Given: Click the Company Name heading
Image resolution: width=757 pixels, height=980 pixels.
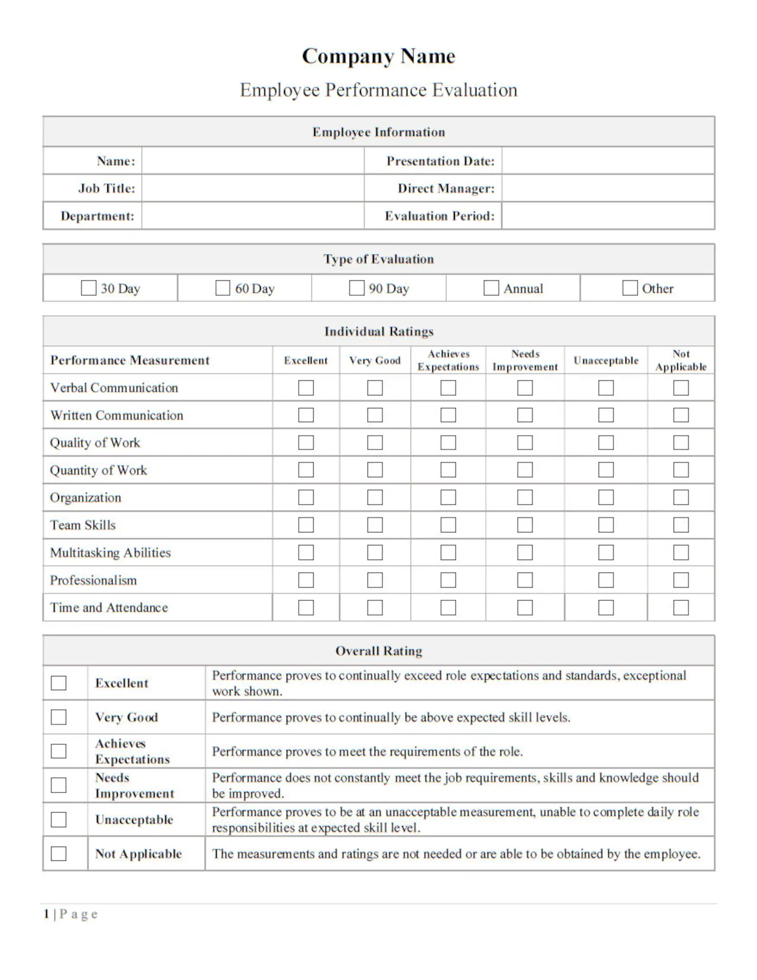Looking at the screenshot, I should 378,56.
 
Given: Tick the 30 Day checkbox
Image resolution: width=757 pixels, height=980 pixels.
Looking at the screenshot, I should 89,288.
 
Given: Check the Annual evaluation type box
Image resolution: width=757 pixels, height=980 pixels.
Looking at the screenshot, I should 491,288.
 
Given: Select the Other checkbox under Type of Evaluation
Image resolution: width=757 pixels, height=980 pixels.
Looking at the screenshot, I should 630,288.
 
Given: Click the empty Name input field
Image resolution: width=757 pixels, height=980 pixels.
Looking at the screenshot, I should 253,161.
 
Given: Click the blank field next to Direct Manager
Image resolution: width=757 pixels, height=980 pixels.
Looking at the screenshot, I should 608,188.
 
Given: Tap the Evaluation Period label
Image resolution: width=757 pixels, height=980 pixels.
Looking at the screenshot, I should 440,216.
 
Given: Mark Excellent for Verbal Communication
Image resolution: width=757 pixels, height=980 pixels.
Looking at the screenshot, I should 306,388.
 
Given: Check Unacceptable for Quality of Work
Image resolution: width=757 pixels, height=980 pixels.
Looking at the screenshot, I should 606,443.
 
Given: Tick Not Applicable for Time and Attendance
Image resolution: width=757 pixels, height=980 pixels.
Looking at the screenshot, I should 681,608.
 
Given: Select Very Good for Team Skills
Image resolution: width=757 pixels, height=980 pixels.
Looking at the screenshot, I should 375,525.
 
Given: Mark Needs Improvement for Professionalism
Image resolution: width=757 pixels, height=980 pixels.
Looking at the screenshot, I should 525,580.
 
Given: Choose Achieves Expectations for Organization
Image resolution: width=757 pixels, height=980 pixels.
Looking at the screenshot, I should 448,498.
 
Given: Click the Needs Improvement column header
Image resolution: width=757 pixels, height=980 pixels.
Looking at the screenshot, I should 525,360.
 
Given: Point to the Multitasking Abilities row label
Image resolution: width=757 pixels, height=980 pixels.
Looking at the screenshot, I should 111,553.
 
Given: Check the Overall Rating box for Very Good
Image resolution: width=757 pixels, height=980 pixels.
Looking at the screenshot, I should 59,717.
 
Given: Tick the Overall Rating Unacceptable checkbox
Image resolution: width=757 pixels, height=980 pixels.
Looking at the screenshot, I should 59,820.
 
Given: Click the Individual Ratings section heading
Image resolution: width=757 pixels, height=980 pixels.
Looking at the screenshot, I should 378,331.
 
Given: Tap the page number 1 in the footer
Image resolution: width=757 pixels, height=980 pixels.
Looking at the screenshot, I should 47,914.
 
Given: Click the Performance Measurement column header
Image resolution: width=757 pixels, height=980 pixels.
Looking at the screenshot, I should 130,360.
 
